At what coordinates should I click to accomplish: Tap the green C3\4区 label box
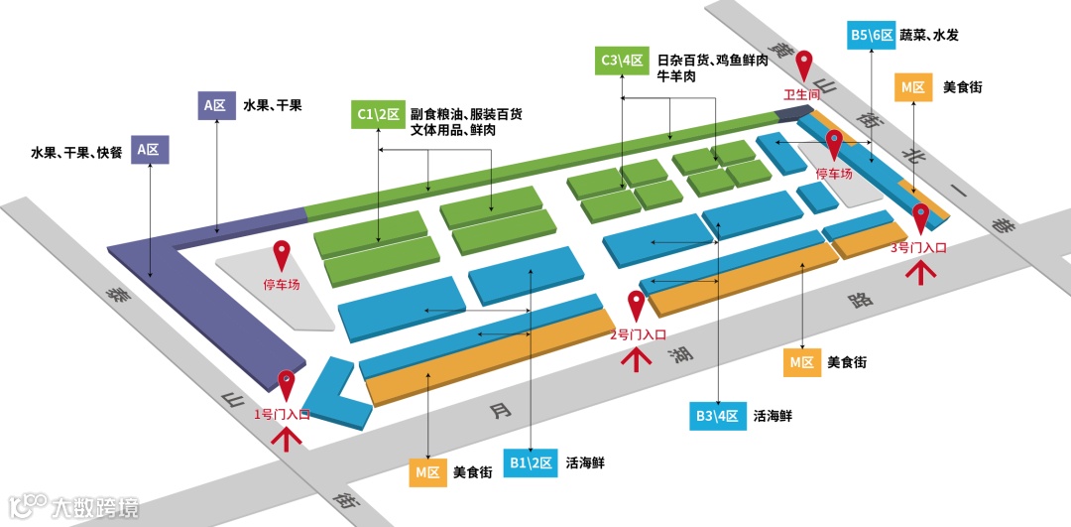click(623, 61)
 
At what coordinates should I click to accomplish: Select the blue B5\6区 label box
click(873, 35)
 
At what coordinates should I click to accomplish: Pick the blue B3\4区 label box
click(717, 416)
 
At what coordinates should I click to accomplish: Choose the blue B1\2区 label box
click(531, 462)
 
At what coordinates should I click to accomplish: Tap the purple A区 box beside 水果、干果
click(215, 105)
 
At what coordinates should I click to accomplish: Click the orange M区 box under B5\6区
click(912, 87)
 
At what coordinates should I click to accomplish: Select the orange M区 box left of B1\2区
click(427, 472)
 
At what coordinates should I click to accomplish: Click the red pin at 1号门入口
click(288, 384)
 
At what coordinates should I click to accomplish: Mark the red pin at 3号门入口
click(921, 217)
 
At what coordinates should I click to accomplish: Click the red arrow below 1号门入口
click(289, 438)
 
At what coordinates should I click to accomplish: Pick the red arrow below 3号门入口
click(921, 271)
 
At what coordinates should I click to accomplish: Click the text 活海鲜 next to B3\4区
click(773, 416)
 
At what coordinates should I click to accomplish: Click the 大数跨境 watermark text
click(95, 507)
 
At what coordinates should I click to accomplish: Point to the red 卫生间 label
click(802, 95)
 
